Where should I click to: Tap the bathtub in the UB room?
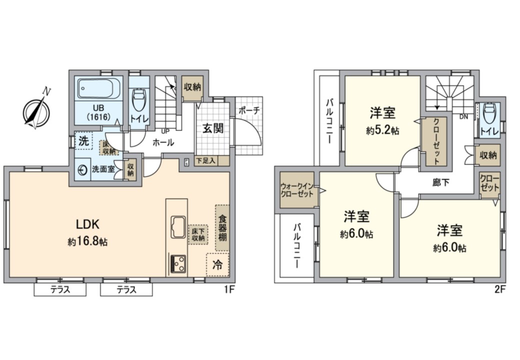99,88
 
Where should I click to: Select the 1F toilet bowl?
138,100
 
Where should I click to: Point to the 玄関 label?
213,128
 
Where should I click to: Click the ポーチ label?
249,110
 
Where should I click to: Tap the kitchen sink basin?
178,226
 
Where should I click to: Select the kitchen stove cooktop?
178,264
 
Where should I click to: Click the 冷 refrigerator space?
217,264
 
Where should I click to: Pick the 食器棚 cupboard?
222,228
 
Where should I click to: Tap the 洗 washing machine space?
83,141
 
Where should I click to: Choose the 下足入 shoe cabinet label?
206,161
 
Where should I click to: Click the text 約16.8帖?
87,241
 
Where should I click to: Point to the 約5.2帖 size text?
382,130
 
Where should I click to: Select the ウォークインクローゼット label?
297,190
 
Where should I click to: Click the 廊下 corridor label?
440,182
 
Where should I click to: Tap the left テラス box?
60,289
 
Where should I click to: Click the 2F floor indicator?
500,289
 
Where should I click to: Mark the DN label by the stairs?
463,117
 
